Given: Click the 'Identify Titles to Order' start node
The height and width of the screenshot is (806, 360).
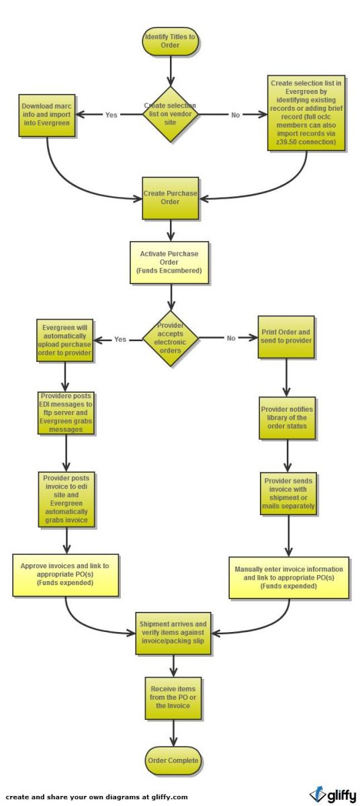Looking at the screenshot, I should coord(171,41).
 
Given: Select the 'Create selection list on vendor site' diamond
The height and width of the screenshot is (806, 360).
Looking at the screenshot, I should coord(171,114).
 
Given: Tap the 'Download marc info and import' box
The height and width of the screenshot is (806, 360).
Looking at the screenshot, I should coord(48,115).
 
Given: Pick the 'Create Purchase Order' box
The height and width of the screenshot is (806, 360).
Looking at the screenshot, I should coord(171,198).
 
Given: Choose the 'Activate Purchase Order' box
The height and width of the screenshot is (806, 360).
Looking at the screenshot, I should coord(170,263).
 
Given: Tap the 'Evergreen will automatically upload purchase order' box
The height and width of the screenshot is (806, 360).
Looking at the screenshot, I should coord(64,340).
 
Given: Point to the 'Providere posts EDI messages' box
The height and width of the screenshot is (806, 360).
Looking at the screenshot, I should coord(66,413).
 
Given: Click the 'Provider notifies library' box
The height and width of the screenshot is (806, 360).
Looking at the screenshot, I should coord(287,417).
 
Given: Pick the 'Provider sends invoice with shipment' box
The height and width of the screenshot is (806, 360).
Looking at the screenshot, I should coord(288,494).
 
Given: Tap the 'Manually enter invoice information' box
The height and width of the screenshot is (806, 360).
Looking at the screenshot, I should coord(289,577).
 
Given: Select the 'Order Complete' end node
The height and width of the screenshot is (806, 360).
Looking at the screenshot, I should coord(173,760).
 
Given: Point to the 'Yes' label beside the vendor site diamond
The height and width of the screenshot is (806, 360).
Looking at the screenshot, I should coord(111,115).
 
